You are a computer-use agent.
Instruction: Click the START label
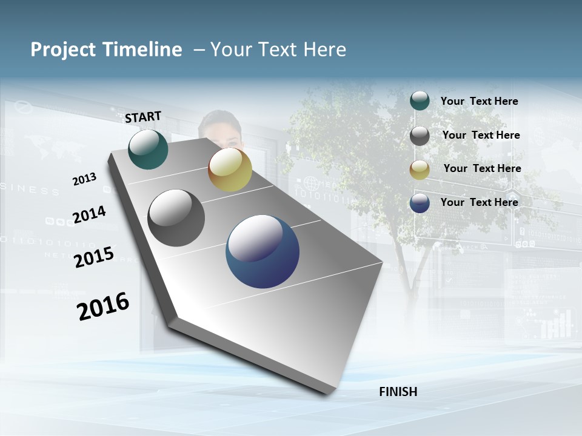point(143,117)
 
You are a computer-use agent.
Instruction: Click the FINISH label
point(398,392)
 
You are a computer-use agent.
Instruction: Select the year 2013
point(84,179)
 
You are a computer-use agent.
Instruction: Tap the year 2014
point(89,214)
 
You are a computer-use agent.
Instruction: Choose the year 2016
point(103,306)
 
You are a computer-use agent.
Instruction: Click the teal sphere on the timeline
point(148,149)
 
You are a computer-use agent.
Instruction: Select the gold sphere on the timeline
point(230,170)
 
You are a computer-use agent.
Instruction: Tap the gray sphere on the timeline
point(176,218)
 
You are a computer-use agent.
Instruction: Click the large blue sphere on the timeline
point(263,251)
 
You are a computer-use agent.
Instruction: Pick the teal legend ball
point(420,101)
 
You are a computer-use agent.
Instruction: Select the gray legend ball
point(420,136)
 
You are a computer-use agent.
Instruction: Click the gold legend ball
point(420,170)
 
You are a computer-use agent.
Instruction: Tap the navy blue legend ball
point(420,203)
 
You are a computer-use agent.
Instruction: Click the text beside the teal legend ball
point(479,101)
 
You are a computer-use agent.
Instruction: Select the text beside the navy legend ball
point(479,202)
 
